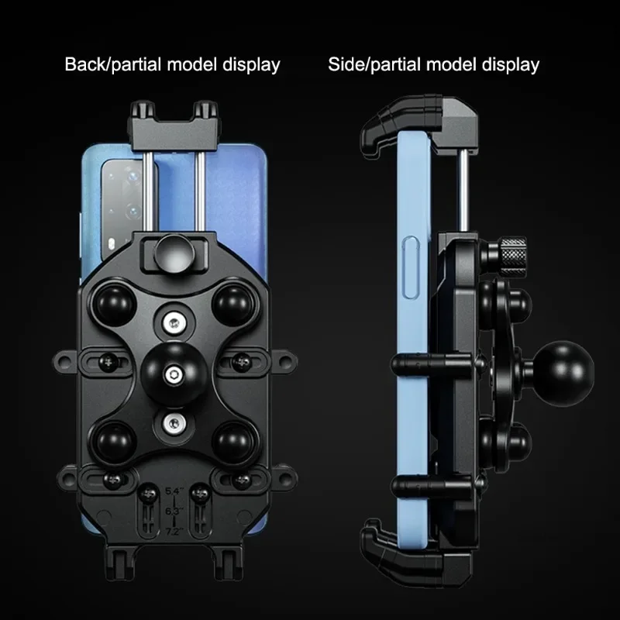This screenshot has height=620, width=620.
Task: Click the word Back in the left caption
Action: (x=86, y=64)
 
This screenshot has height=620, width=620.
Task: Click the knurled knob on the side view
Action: (x=512, y=258)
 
